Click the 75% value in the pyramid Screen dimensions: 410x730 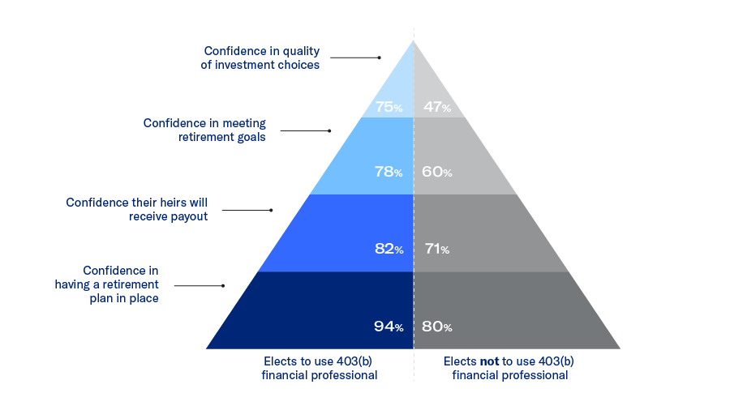(x=389, y=107)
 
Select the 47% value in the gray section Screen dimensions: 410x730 (x=437, y=107)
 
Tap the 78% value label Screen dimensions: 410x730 (x=389, y=172)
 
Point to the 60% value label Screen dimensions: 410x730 (x=437, y=172)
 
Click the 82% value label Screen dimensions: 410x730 (x=389, y=250)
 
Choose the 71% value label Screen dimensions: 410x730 (x=436, y=250)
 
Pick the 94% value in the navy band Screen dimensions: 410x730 (x=389, y=327)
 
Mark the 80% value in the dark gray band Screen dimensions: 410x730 (x=437, y=327)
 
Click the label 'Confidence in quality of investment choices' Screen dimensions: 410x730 (x=260, y=58)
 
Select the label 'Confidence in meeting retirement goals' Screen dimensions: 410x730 (x=204, y=130)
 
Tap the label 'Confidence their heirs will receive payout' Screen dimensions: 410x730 (x=137, y=209)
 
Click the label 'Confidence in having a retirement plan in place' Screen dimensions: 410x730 (x=107, y=284)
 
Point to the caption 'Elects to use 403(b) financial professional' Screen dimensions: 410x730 (x=319, y=368)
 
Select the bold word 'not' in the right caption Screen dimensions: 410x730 (x=489, y=361)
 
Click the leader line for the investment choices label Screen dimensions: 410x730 (x=354, y=58)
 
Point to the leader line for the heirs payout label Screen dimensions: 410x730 (x=246, y=210)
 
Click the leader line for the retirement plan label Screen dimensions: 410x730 (x=199, y=285)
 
